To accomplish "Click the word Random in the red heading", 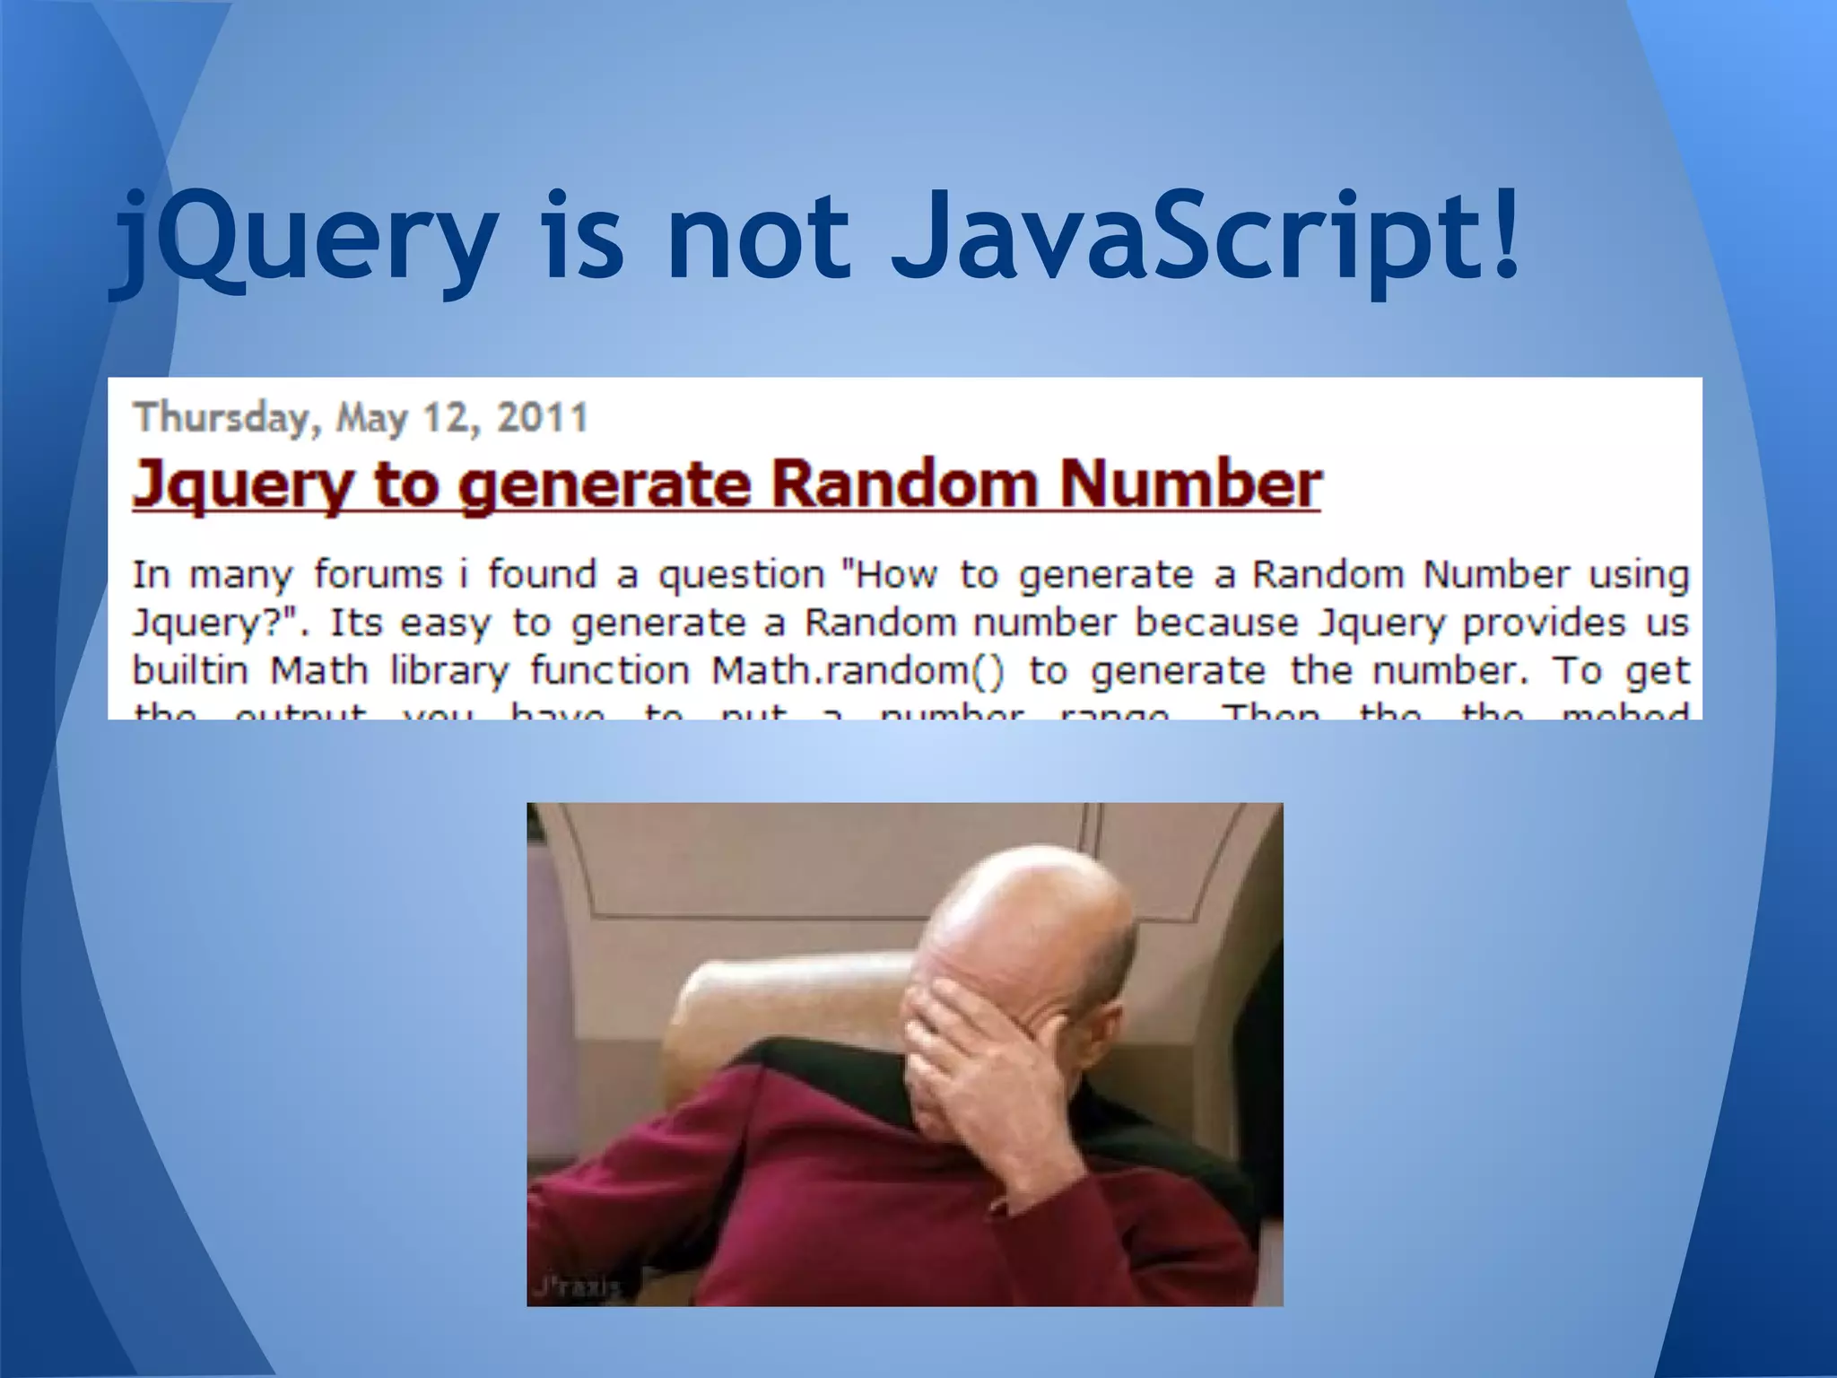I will tap(901, 484).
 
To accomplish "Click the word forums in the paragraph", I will tap(378, 575).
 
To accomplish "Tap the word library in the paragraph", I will tap(449, 672).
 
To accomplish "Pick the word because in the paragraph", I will tap(1216, 623).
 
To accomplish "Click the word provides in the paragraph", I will tap(1544, 624).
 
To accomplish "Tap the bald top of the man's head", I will tap(1032, 897).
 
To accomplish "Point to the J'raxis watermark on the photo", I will tap(575, 1288).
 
